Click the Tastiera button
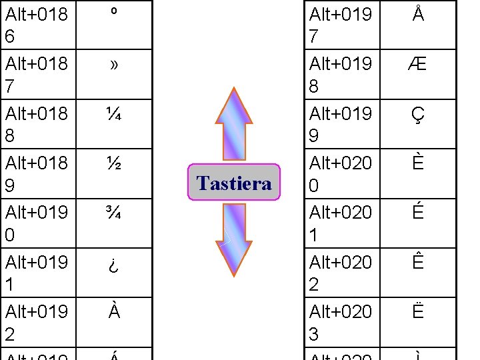pyautogui.click(x=234, y=183)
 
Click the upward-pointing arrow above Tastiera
pyautogui.click(x=234, y=123)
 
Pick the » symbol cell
pyautogui.click(x=114, y=65)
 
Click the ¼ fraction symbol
pyautogui.click(x=114, y=114)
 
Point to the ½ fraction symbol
pyautogui.click(x=114, y=164)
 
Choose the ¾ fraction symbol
pyautogui.click(x=114, y=213)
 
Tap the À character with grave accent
pyautogui.click(x=114, y=311)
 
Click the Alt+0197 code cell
pyautogui.click(x=341, y=25)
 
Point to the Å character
pyautogui.click(x=418, y=15)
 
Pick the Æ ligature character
pyautogui.click(x=418, y=65)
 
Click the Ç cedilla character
pyautogui.click(x=418, y=115)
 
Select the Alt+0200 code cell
pyautogui.click(x=341, y=173)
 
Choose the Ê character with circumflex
pyautogui.click(x=418, y=262)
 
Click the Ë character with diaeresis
pyautogui.click(x=418, y=312)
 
